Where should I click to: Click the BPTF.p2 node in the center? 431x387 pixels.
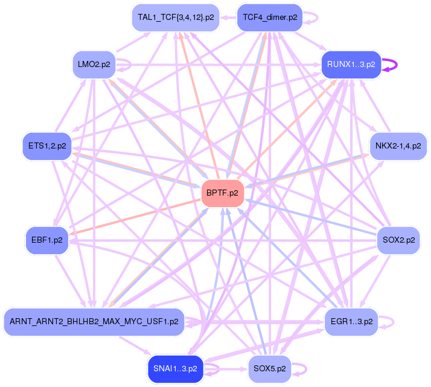pyautogui.click(x=222, y=193)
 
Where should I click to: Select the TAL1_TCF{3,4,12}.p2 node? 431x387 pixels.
pyautogui.click(x=176, y=18)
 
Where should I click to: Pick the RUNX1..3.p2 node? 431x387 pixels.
pyautogui.click(x=351, y=63)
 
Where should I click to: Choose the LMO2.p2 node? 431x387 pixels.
pyautogui.click(x=94, y=64)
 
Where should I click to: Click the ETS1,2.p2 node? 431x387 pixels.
pyautogui.click(x=46, y=146)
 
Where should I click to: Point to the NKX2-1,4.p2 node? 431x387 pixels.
pyautogui.click(x=398, y=146)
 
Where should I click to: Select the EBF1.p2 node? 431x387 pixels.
pyautogui.click(x=46, y=240)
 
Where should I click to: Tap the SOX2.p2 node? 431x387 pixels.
pyautogui.click(x=398, y=240)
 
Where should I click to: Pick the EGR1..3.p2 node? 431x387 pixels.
pyautogui.click(x=351, y=321)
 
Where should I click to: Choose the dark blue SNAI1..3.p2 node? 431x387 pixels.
pyautogui.click(x=176, y=368)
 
